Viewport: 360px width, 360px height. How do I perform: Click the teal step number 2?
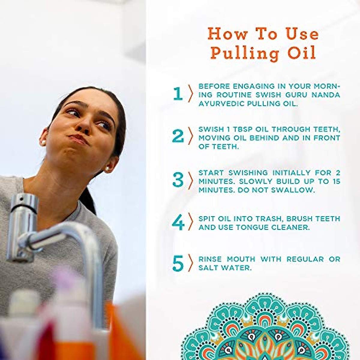pyautogui.click(x=178, y=136)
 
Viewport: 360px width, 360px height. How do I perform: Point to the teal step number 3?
pyautogui.click(x=178, y=180)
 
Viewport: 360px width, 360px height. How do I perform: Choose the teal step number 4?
pyautogui.click(x=178, y=223)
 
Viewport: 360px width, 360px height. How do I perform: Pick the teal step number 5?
pyautogui.click(x=178, y=263)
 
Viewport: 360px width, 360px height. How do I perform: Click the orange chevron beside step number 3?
pyautogui.click(x=190, y=180)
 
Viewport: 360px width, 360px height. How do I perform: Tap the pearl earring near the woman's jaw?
pyautogui.click(x=107, y=169)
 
